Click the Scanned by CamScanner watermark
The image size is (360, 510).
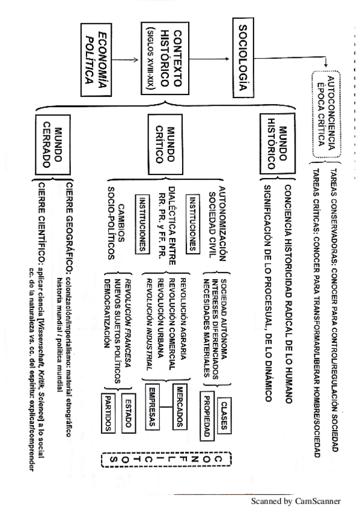click(x=296, y=500)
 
